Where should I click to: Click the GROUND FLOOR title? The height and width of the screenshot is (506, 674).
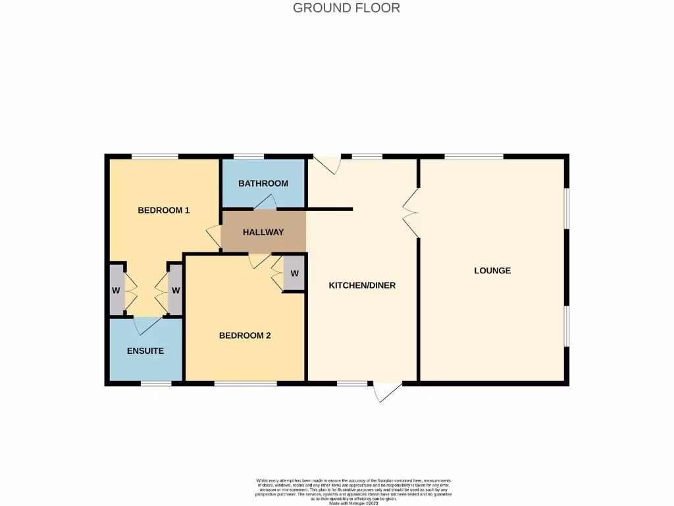click(346, 8)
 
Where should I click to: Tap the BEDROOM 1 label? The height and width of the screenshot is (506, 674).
click(163, 210)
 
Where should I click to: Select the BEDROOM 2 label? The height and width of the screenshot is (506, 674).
click(245, 335)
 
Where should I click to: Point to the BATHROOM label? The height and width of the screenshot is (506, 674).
click(263, 183)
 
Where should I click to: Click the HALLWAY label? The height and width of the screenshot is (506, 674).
click(263, 232)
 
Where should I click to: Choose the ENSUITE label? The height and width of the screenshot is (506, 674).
click(145, 351)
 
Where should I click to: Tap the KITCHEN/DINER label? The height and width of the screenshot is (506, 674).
click(362, 285)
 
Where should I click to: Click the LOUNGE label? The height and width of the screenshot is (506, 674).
click(492, 271)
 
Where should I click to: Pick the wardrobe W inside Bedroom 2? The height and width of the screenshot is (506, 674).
click(294, 273)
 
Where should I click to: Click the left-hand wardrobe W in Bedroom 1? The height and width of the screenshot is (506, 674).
click(116, 290)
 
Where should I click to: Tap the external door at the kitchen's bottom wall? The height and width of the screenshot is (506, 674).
click(386, 391)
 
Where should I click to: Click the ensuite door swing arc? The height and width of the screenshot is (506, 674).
click(146, 325)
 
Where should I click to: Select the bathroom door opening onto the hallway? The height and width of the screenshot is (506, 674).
click(265, 204)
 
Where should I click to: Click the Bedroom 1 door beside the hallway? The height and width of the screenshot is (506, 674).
click(213, 237)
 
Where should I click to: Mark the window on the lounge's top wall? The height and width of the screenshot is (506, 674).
click(474, 156)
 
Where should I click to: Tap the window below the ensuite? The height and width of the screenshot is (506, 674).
click(155, 383)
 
